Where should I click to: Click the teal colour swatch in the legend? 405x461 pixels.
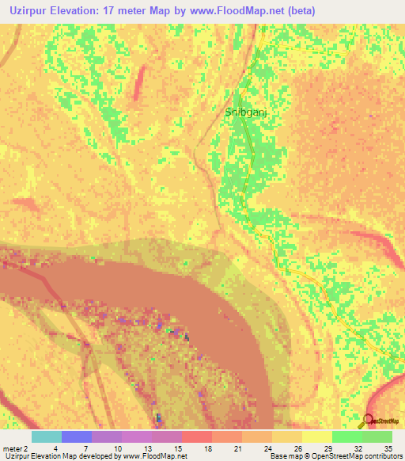[46, 436]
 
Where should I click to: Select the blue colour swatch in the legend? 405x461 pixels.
[76, 436]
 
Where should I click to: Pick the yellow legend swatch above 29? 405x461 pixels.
[316, 436]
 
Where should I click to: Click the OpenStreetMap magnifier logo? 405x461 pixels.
[366, 421]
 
